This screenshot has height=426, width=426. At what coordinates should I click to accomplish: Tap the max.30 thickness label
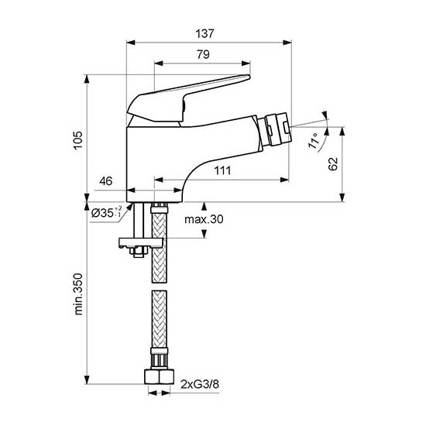click(204, 220)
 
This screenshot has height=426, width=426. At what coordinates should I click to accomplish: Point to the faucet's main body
click(155, 163)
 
